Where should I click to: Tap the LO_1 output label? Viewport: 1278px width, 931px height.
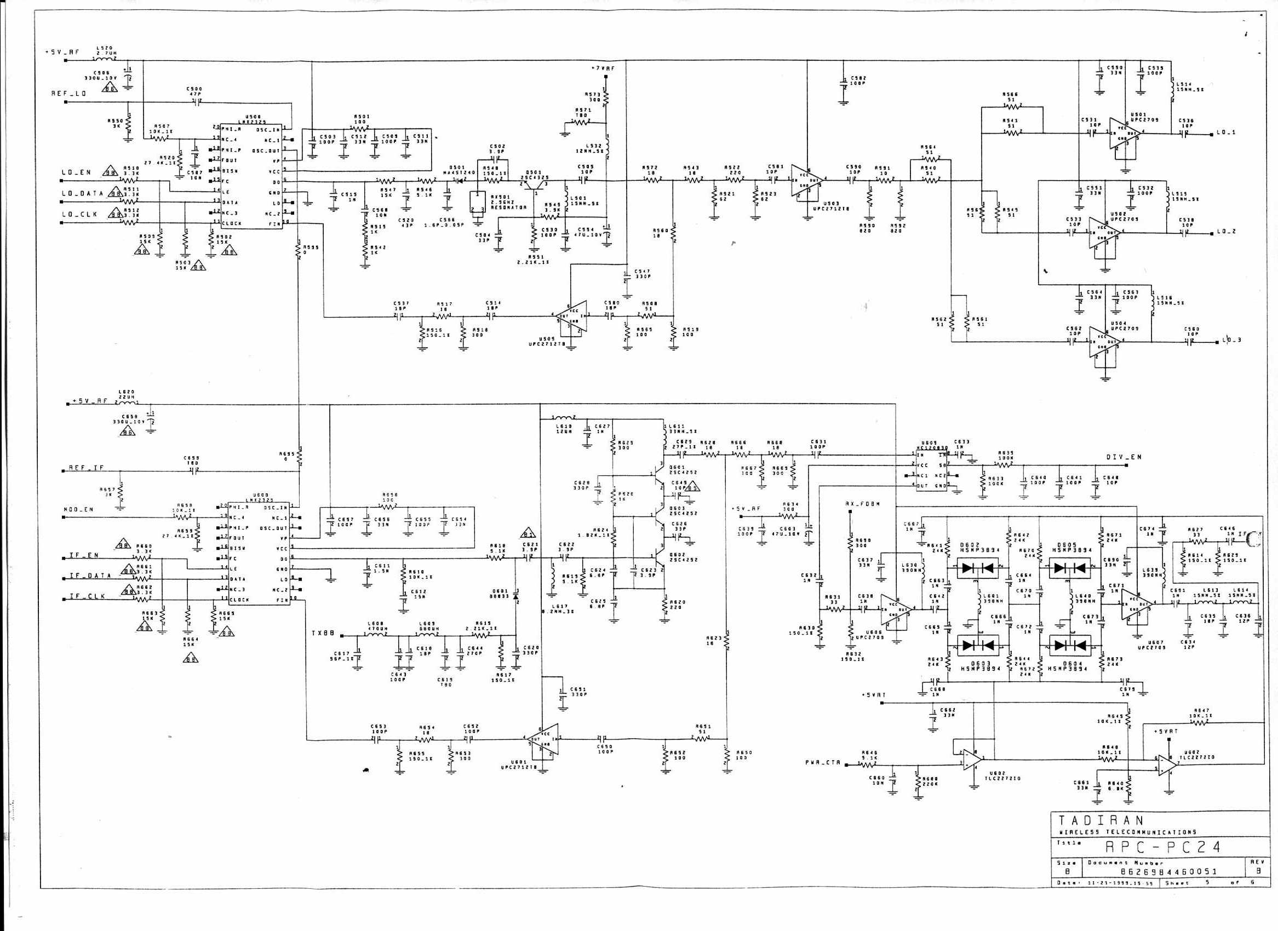(1225, 133)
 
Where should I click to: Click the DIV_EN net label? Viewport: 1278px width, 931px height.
(1123, 457)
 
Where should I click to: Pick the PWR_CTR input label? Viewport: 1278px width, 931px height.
(823, 762)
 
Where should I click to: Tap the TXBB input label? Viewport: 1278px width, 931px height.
(324, 634)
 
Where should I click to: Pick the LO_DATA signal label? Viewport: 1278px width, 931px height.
(83, 193)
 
